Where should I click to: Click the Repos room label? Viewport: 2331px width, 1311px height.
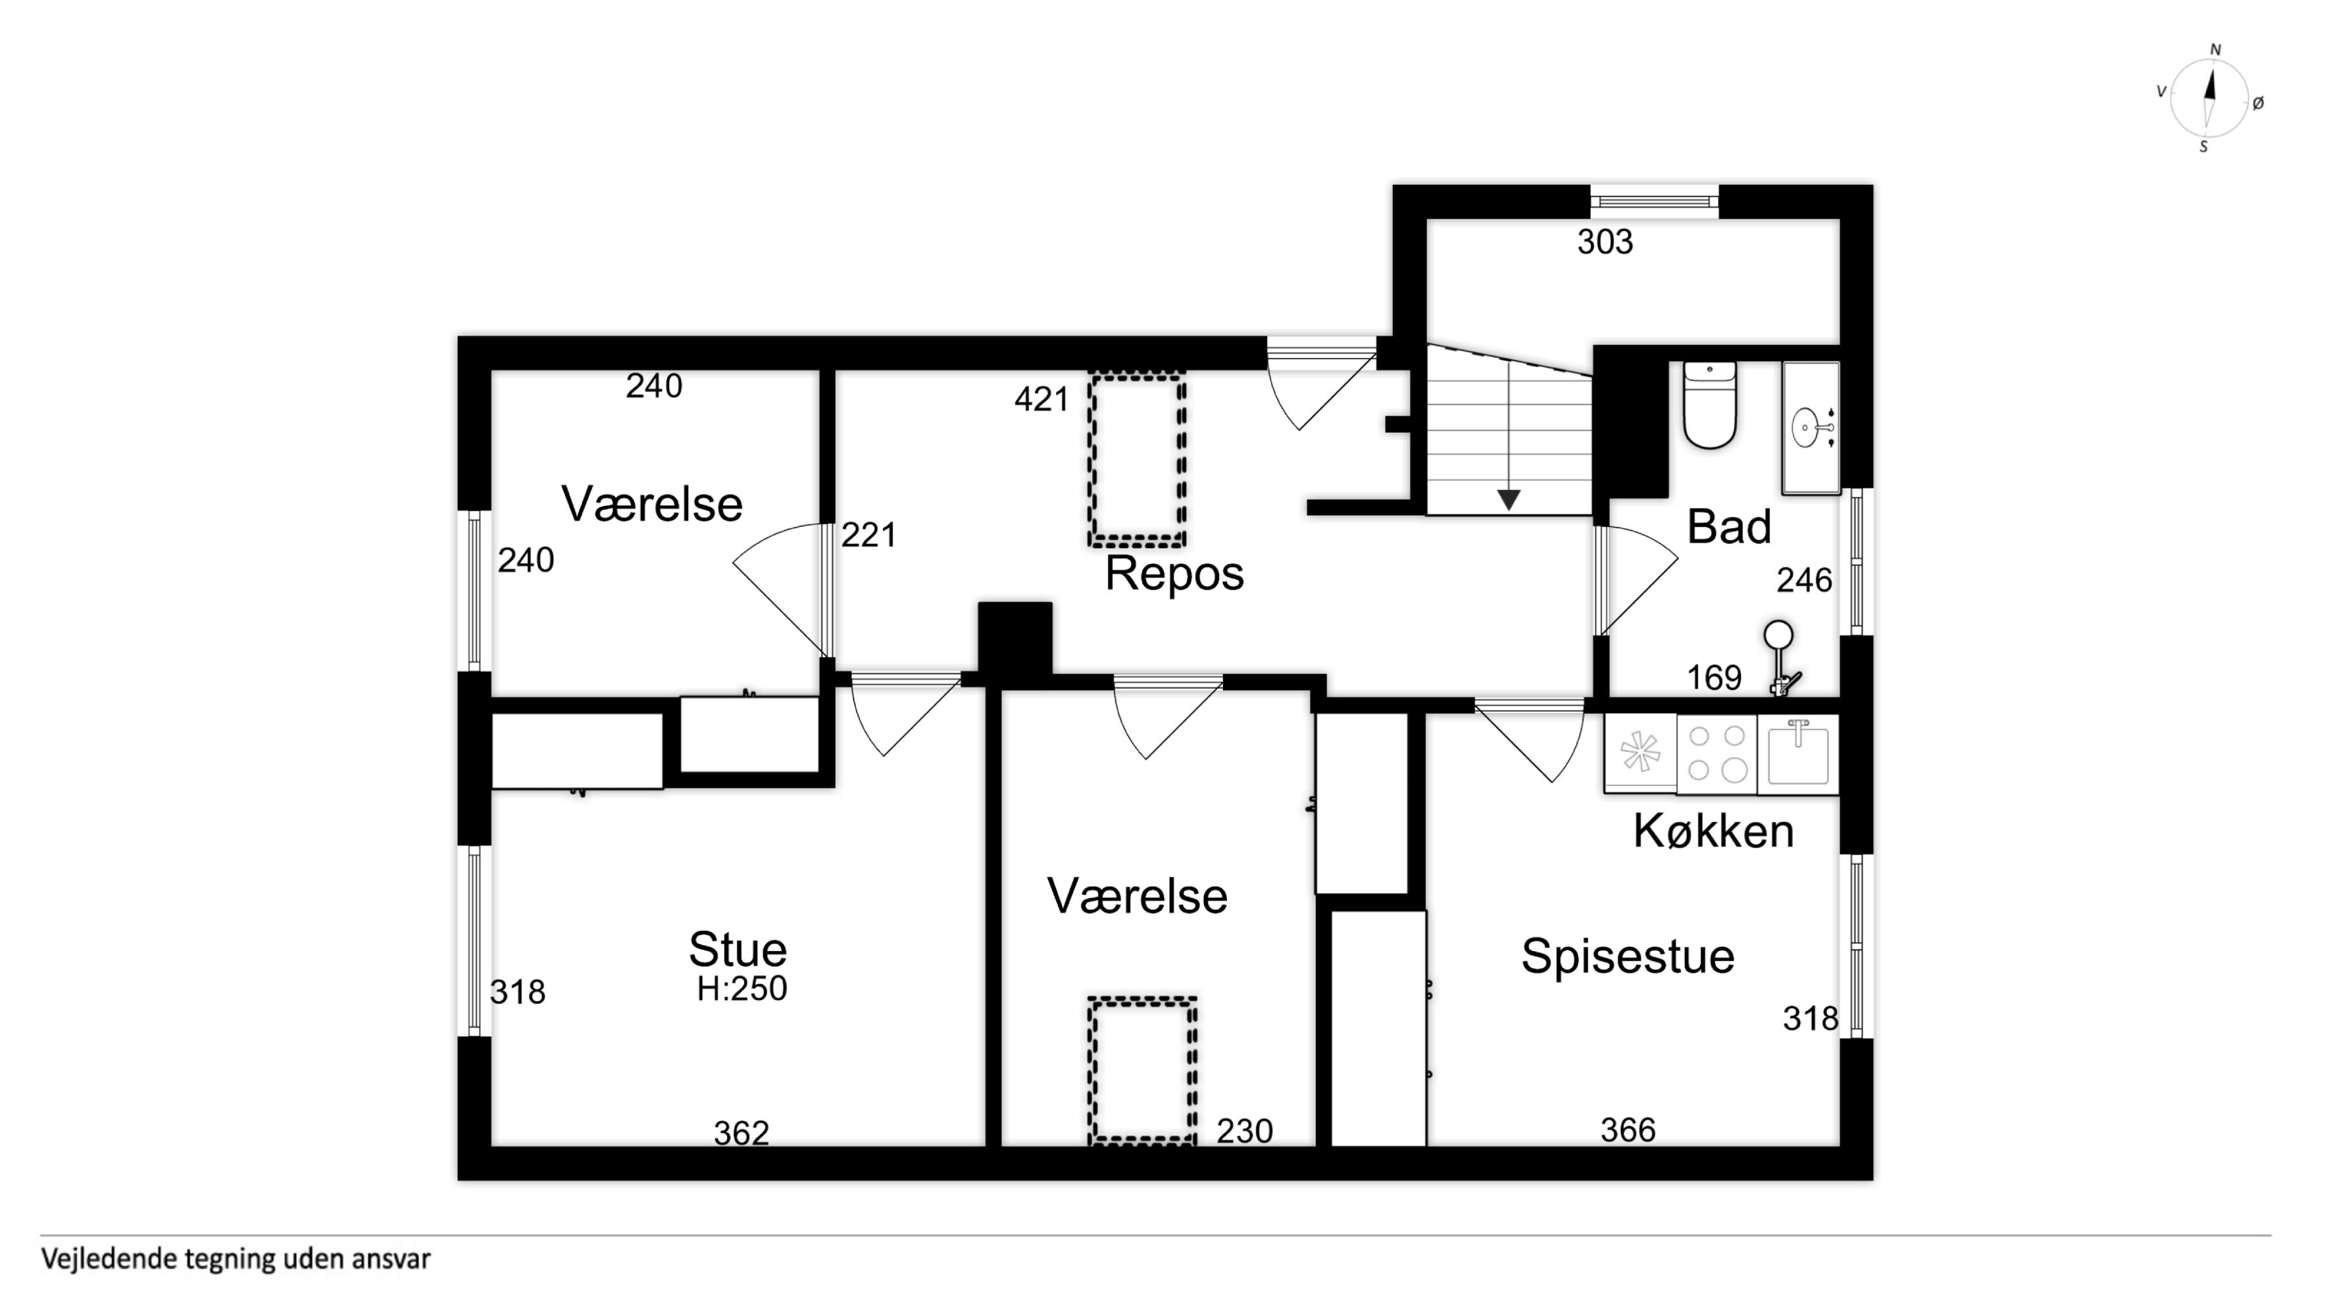pyautogui.click(x=1174, y=574)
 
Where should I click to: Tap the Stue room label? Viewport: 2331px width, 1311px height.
pyautogui.click(x=738, y=949)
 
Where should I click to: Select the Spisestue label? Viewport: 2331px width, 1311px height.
pyautogui.click(x=1627, y=957)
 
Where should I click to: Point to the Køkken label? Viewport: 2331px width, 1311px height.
pyautogui.click(x=1713, y=831)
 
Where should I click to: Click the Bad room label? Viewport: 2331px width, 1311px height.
pyautogui.click(x=1728, y=527)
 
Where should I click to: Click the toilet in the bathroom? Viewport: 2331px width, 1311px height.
pyautogui.click(x=1709, y=405)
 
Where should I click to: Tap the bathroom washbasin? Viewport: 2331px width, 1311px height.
pyautogui.click(x=1811, y=428)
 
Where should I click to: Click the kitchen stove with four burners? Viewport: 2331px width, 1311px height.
pyautogui.click(x=1717, y=754)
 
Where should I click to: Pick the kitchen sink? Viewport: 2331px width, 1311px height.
pyautogui.click(x=1798, y=754)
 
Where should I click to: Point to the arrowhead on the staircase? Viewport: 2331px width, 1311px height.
pyautogui.click(x=1509, y=499)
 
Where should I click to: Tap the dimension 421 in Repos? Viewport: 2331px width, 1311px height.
pyautogui.click(x=1041, y=399)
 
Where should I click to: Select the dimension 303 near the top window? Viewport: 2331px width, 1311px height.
pyautogui.click(x=1605, y=243)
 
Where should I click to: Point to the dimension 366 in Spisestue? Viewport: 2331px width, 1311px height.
pyautogui.click(x=1628, y=1130)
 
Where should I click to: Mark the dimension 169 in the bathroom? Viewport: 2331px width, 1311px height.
pyautogui.click(x=1714, y=678)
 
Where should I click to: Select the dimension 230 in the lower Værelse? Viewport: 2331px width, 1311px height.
pyautogui.click(x=1244, y=1131)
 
